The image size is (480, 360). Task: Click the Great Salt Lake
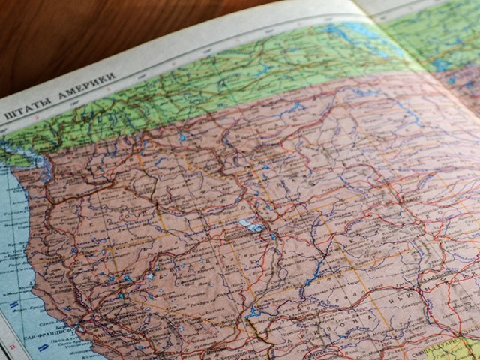pos(249,223)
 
